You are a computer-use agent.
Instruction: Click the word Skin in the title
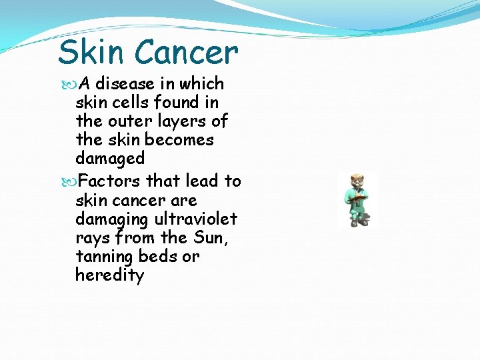(x=91, y=52)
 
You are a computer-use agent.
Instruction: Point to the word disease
(x=127, y=84)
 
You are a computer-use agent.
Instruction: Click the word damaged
(x=110, y=159)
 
